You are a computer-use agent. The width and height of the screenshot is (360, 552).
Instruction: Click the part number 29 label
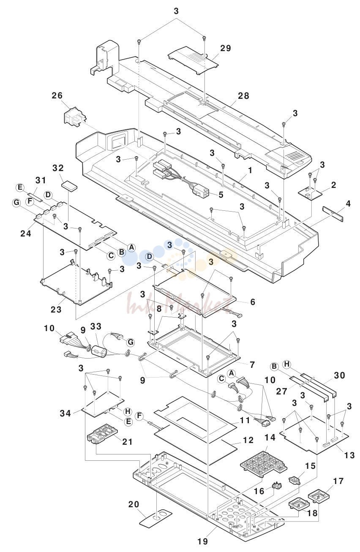tap(225, 48)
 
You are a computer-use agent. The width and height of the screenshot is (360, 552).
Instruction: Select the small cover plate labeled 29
tap(193, 60)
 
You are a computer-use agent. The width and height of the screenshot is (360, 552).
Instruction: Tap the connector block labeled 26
tap(75, 117)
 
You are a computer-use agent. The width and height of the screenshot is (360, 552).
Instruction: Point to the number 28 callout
tap(243, 95)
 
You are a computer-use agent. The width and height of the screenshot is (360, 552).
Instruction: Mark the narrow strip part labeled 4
tap(333, 214)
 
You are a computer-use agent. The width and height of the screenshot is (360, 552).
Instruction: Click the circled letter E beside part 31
tap(20, 188)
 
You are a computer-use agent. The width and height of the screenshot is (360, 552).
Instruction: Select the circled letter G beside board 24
tap(16, 203)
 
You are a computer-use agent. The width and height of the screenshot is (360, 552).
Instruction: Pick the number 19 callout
tap(203, 541)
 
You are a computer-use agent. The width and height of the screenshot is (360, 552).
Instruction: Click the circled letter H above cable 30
tap(287, 364)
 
